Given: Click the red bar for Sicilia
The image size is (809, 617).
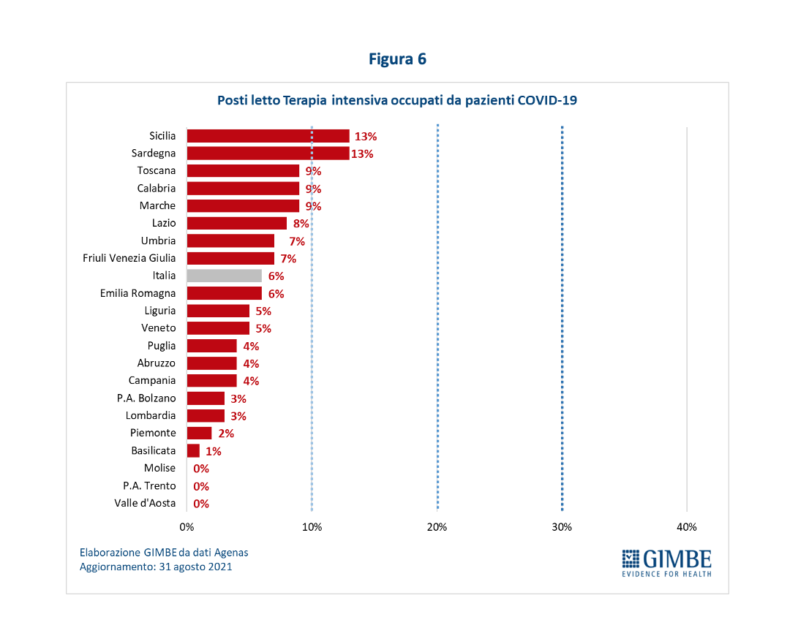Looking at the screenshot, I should click(268, 136).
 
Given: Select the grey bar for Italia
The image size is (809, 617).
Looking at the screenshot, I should click(224, 276).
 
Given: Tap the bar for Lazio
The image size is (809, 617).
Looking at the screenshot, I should click(236, 223).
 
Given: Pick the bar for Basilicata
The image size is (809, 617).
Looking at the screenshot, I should click(193, 451).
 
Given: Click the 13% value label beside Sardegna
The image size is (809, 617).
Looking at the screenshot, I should click(362, 154).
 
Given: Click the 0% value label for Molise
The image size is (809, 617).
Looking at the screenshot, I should click(201, 469).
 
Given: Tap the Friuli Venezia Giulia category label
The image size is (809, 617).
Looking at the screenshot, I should click(130, 258).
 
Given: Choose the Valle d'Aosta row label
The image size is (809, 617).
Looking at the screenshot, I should click(145, 503).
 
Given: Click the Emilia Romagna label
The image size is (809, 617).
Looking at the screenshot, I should click(138, 293).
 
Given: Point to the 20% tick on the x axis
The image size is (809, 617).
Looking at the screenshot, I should click(437, 527).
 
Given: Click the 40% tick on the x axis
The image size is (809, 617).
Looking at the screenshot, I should click(687, 527).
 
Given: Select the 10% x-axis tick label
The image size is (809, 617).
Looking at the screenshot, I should click(312, 527).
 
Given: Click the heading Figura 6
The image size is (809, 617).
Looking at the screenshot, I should click(397, 59).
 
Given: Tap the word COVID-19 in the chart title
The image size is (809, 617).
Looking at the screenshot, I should click(547, 100).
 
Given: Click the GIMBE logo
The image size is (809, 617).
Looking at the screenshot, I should click(666, 561).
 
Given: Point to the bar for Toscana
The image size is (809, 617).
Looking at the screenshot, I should click(243, 171).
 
